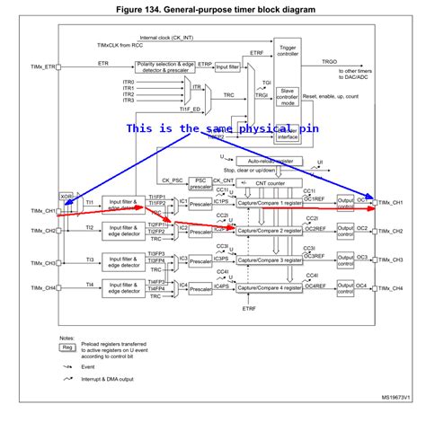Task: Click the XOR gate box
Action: coord(66,195)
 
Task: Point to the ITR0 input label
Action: coord(129,80)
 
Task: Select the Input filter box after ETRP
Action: coord(232,66)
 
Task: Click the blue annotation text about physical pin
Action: coord(222,128)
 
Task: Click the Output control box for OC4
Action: coord(347,287)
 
